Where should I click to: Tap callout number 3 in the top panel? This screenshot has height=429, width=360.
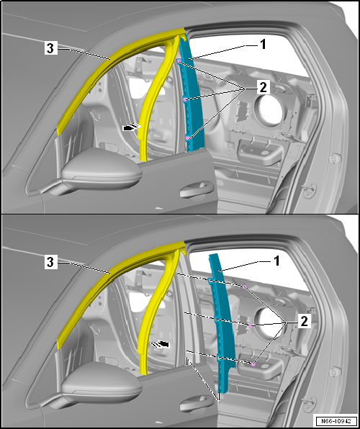pyautogui.click(x=49, y=49)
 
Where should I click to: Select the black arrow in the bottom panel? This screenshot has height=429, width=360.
pyautogui.click(x=163, y=344)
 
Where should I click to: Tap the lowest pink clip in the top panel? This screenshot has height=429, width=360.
pyautogui.click(x=189, y=137)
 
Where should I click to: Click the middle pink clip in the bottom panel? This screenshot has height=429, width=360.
pyautogui.click(x=250, y=326)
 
